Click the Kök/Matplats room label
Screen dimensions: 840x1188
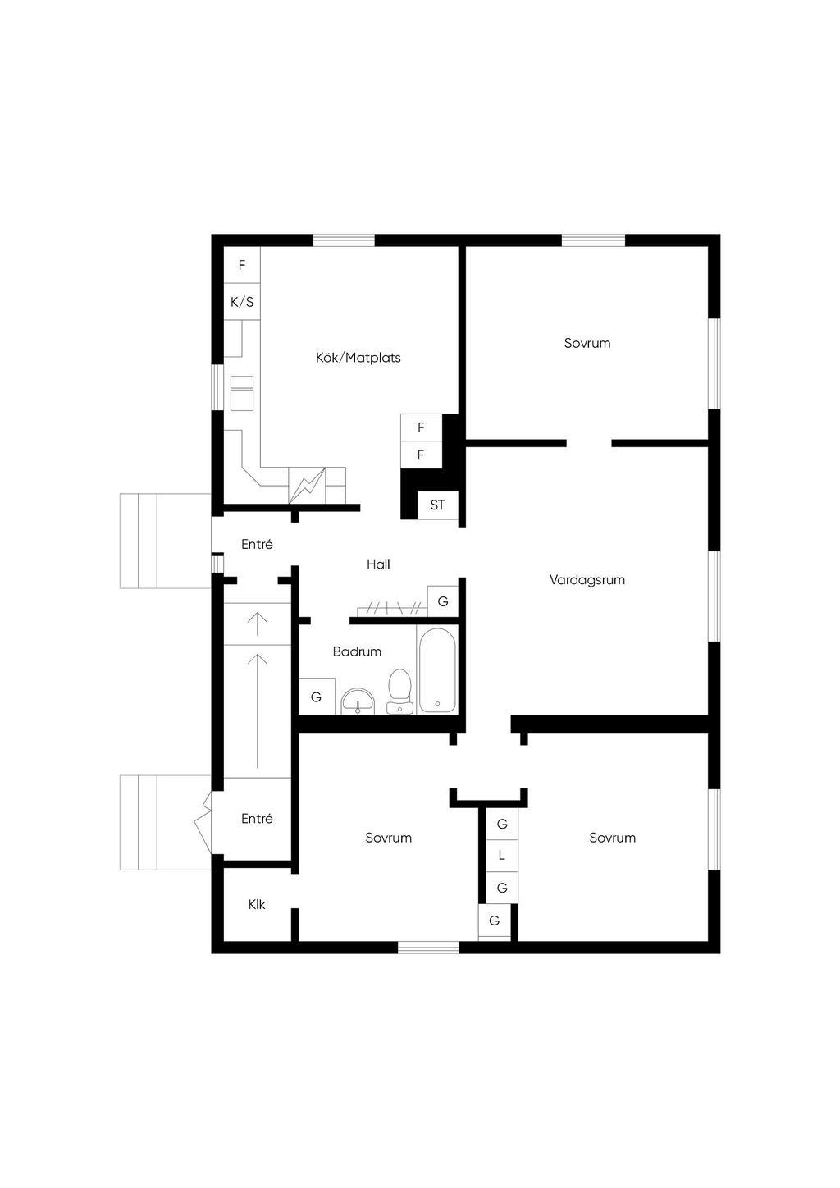[358, 358]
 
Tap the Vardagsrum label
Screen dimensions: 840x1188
[587, 580]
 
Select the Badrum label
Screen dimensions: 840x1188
[357, 651]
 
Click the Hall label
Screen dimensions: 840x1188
[378, 564]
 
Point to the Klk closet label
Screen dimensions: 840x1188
[257, 904]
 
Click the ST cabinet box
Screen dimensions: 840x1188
[437, 505]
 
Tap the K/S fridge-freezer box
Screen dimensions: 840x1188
[242, 302]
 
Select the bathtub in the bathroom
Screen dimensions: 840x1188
[437, 670]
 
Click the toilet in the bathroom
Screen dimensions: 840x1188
[399, 692]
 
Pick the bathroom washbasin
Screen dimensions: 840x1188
[358, 701]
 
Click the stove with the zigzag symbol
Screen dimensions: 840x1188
[307, 485]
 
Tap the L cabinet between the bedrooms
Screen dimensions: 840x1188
[502, 856]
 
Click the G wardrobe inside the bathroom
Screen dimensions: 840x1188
[317, 697]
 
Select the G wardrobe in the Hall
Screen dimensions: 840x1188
[443, 601]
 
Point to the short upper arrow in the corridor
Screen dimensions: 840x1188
[258, 624]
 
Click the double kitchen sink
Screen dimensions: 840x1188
[242, 393]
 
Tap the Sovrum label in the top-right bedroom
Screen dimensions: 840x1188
[587, 343]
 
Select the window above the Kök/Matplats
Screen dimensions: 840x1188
[345, 240]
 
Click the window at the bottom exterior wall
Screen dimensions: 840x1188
[428, 948]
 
